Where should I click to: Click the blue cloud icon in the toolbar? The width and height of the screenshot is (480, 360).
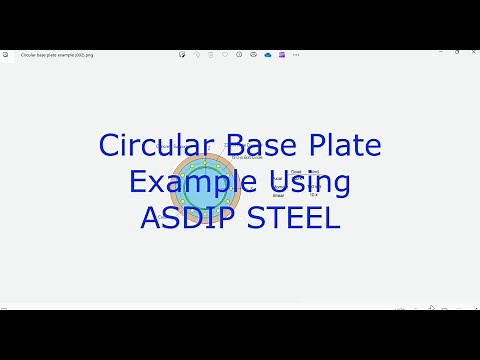point(269,54)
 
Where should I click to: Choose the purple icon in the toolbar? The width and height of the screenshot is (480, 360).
point(282,54)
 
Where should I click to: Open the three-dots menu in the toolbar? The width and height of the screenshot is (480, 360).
point(296,54)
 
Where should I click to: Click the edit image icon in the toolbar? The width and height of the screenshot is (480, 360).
point(181,54)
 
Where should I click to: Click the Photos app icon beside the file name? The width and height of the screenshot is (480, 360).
point(11,54)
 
